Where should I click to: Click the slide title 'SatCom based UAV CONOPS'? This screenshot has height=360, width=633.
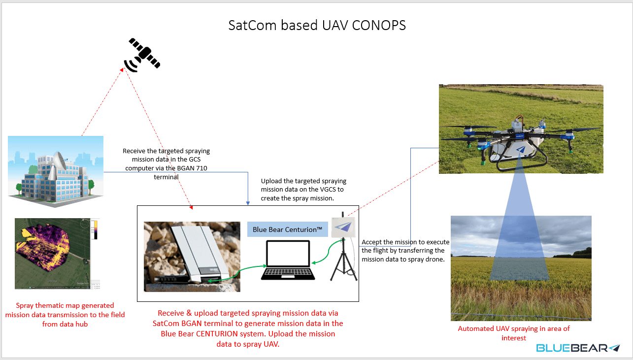[x=317, y=26]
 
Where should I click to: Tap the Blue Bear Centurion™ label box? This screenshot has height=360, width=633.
[x=287, y=229]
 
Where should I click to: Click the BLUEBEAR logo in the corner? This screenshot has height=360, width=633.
[x=578, y=348]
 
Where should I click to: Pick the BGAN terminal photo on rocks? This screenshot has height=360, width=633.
[x=192, y=257]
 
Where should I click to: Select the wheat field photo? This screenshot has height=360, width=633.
[x=521, y=268]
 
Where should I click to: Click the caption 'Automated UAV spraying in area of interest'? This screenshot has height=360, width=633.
[x=514, y=333]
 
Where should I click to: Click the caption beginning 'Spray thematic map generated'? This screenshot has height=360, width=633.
[x=65, y=315]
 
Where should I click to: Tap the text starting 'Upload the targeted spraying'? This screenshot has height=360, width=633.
[x=304, y=189]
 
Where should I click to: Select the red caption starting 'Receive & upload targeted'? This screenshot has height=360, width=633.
[x=247, y=328]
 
